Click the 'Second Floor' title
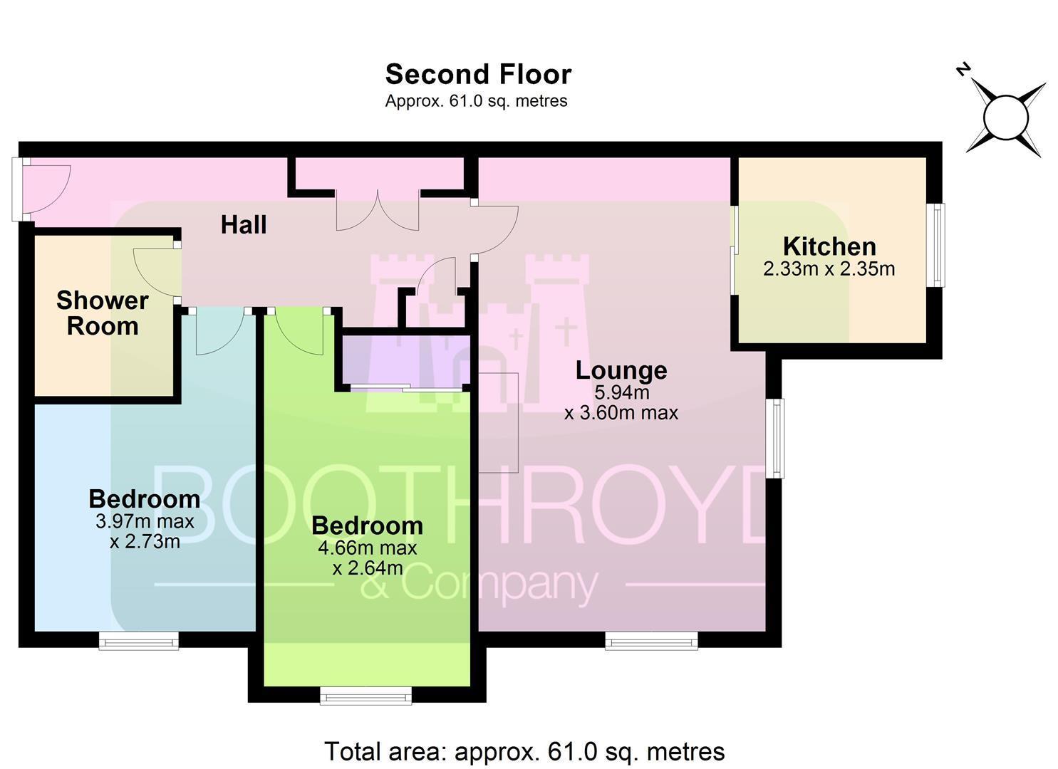click(478, 74)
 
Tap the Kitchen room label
click(829, 246)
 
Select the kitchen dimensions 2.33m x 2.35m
click(829, 269)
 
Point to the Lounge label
click(621, 371)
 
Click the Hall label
click(244, 225)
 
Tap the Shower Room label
click(103, 313)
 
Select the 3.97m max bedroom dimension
click(145, 521)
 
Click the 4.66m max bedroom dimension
click(367, 548)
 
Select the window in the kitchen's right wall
click(935, 245)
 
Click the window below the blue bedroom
click(139, 641)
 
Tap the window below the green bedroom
click(365, 696)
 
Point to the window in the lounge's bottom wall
click(651, 641)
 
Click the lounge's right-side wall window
click(774, 439)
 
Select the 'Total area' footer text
click(524, 751)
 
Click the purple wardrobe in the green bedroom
click(405, 360)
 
